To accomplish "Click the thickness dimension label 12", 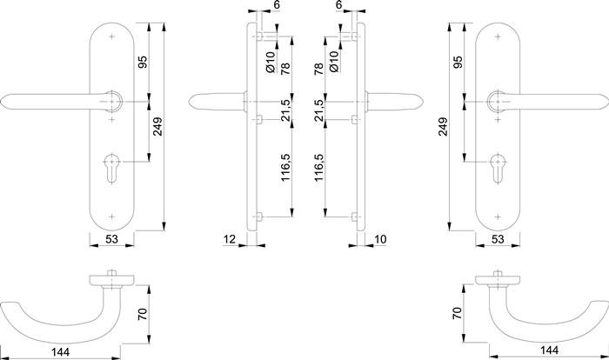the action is pos(230,239).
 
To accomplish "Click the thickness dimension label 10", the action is pos(380,239).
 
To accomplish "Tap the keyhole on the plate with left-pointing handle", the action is pos(112,168).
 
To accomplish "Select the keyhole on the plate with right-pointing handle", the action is pos(499,168).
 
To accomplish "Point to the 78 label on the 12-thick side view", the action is pos(285,69).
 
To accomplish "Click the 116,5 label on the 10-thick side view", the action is pos(319,168).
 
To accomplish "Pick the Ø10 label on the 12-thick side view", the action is pos(271,62).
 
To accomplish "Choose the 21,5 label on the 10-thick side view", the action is pos(319,110).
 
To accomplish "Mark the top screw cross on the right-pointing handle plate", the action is pos(499,37).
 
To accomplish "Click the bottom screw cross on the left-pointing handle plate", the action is pos(112,217).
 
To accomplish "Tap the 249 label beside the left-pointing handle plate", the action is pos(157,127).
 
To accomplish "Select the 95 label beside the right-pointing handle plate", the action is pos(458,62).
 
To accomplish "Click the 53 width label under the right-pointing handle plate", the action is pos(498,239).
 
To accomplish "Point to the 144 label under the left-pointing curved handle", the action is pos(61,352).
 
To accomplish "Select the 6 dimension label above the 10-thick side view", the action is pos(339,5).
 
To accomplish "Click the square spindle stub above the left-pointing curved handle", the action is pos(112,272).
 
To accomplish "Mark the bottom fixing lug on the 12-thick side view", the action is pos(259,217).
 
